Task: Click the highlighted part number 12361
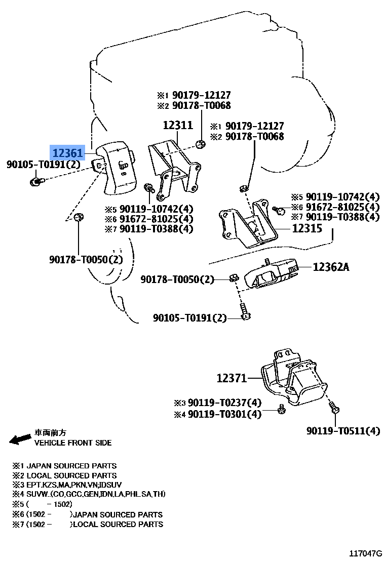click(69, 151)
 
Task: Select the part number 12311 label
click(177, 125)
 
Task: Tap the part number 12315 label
click(307, 228)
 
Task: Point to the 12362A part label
click(331, 266)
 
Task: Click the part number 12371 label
click(232, 378)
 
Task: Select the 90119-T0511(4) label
click(342, 431)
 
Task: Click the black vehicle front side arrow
click(21, 439)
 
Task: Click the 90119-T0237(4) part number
click(224, 403)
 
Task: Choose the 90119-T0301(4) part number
click(224, 414)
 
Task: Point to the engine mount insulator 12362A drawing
click(269, 276)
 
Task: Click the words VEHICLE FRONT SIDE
click(72, 443)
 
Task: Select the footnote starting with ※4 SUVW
click(90, 494)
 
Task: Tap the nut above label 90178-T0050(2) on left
click(79, 218)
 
